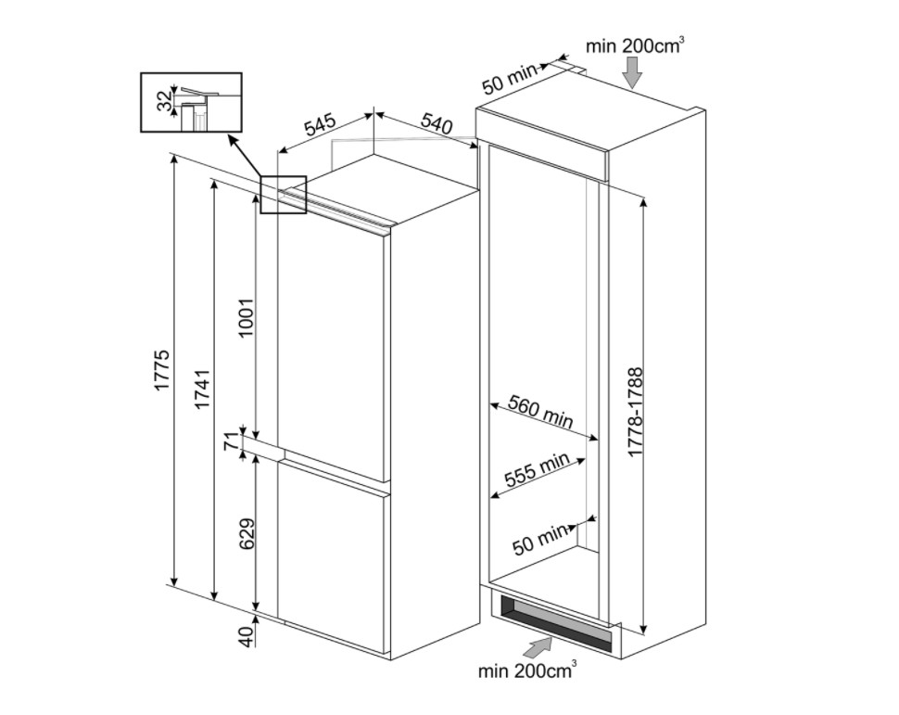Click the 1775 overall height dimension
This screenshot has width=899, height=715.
(x=163, y=370)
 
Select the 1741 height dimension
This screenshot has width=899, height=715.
(x=203, y=389)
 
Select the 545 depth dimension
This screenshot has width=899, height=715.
(x=320, y=126)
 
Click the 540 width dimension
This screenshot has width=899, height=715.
(x=437, y=122)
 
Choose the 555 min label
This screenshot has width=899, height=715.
(x=537, y=471)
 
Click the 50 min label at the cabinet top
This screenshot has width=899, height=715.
(x=511, y=77)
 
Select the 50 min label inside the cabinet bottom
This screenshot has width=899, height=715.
(x=540, y=539)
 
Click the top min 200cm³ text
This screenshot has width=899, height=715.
(x=635, y=45)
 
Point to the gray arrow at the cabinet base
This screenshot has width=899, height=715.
(x=537, y=645)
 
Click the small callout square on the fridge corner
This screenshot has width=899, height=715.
(x=283, y=195)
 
